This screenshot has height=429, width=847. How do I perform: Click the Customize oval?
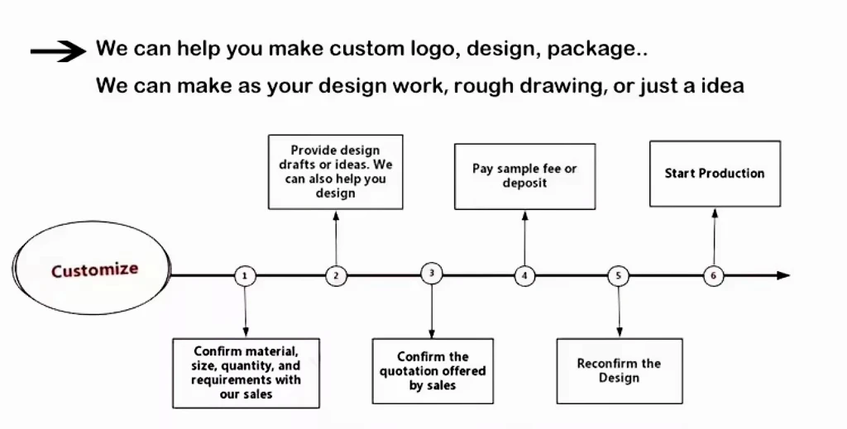[93, 270]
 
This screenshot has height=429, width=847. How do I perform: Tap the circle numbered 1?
[245, 276]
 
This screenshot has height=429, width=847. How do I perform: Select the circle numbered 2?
[336, 276]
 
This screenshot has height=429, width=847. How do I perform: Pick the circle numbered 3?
[432, 274]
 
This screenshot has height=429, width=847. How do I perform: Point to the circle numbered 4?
[524, 276]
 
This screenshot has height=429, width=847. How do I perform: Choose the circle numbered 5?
[619, 276]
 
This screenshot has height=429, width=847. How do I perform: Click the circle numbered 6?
[714, 276]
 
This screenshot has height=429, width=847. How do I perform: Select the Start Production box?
[715, 174]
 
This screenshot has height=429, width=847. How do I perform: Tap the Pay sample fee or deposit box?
[524, 175]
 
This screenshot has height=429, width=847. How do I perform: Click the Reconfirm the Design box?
[619, 370]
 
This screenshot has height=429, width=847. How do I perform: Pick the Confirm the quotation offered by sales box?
[433, 370]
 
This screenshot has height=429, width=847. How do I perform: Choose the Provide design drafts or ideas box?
[336, 172]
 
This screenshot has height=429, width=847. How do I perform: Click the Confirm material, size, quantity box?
[246, 372]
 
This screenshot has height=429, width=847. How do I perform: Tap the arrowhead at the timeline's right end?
[783, 275]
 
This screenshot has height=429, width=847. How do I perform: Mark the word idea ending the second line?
[720, 85]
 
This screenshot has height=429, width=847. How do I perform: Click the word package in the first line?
[594, 50]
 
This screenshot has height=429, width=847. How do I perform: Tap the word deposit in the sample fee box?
[524, 183]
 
